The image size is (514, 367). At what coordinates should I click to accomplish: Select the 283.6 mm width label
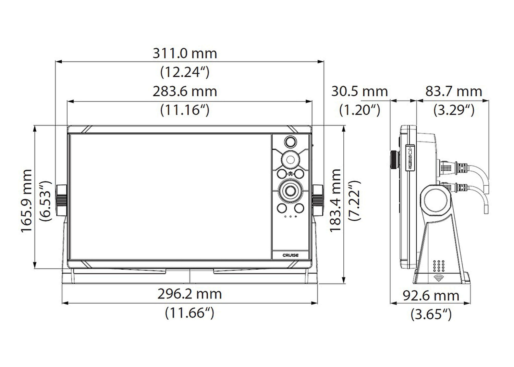point(185,91)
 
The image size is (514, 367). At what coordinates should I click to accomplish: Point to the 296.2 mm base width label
point(189,294)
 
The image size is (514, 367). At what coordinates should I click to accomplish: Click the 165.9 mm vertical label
point(26,201)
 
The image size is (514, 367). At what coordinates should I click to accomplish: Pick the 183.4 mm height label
point(335,200)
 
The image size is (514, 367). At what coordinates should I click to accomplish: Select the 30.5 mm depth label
point(359,91)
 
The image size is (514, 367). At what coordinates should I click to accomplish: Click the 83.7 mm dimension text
point(454,91)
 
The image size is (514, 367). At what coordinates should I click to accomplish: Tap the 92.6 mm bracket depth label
point(431,296)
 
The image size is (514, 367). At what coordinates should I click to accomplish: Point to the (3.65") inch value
point(431,315)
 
